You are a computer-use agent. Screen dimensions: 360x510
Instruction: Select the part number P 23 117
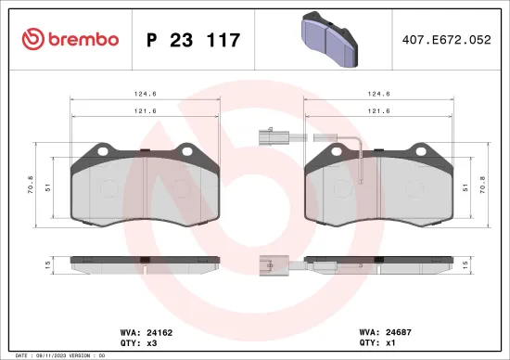[x=194, y=40]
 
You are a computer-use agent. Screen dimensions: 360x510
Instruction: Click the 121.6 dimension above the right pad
[x=376, y=109]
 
